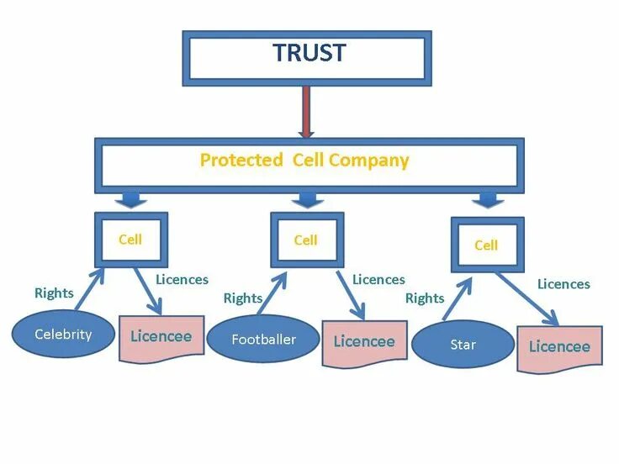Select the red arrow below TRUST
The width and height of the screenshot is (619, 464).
[x=305, y=110]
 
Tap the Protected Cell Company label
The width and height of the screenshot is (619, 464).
[x=304, y=161]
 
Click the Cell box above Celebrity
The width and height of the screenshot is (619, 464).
[x=130, y=240]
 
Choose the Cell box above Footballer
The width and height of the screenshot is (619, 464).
[x=305, y=240]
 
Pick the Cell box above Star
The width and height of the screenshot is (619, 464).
[x=486, y=245]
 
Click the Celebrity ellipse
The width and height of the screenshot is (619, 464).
[x=63, y=335]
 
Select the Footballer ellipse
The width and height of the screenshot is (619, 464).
[x=264, y=340]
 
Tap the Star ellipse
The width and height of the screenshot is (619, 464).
[x=463, y=345]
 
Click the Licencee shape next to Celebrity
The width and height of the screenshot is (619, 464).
[x=161, y=337]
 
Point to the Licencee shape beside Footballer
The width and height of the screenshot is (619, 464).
[x=363, y=341]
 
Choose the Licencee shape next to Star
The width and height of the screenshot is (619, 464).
[x=559, y=346]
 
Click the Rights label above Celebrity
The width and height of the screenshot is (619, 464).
[x=54, y=293]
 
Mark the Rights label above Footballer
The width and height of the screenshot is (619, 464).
[x=243, y=298]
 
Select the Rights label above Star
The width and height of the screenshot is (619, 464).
[x=425, y=298]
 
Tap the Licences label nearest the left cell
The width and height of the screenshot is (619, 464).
[x=182, y=280]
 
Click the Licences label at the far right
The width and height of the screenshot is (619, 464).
[x=563, y=284]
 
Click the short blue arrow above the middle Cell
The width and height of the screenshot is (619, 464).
[x=309, y=199]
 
